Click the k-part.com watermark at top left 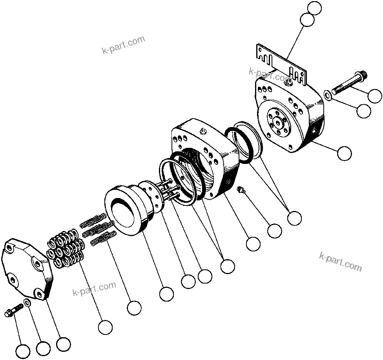pos(123,45)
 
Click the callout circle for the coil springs pos(134,308)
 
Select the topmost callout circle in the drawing pos(314,8)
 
